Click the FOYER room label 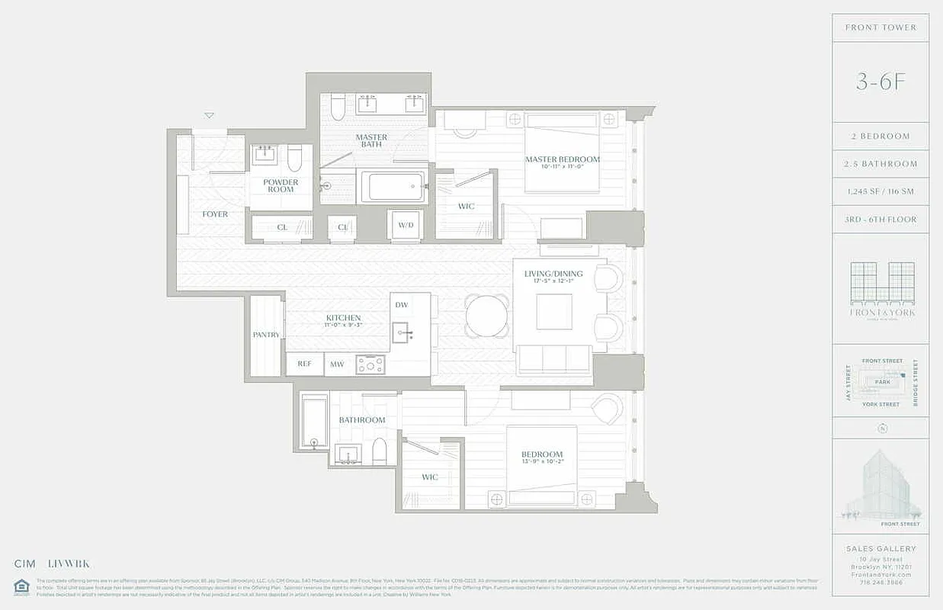pos(215,214)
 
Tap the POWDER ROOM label pos(281,185)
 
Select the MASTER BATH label pos(371,140)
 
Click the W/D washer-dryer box pos(405,225)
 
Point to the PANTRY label pos(266,335)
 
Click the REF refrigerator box pos(304,364)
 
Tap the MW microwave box pos(337,364)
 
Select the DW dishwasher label pos(402,305)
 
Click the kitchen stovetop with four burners pos(370,364)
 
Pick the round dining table pos(487,316)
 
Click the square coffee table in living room pos(554,311)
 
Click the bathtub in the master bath pos(393,186)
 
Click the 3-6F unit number pos(880,82)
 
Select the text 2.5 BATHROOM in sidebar pos(880,164)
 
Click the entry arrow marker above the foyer pos(209,115)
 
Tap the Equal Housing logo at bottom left pos(21,586)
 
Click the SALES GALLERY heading pos(880,548)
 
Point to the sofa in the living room pos(554,358)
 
